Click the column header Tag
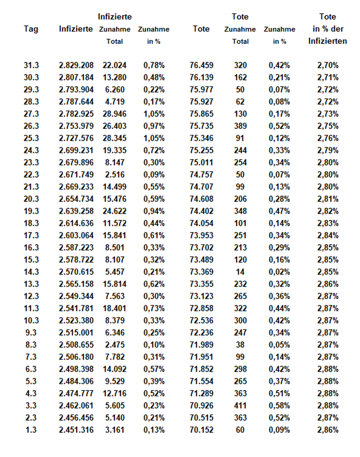coord(31,29)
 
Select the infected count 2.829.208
coord(76,65)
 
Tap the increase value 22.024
coord(115,65)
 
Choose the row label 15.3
coord(31,259)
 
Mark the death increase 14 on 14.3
coord(240,272)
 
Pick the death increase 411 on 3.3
coord(240,405)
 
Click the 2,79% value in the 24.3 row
coord(328,150)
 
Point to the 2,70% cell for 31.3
coord(328,65)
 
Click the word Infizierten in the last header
coord(327,41)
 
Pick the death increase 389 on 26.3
coord(240,126)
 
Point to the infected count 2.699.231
coord(76,150)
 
